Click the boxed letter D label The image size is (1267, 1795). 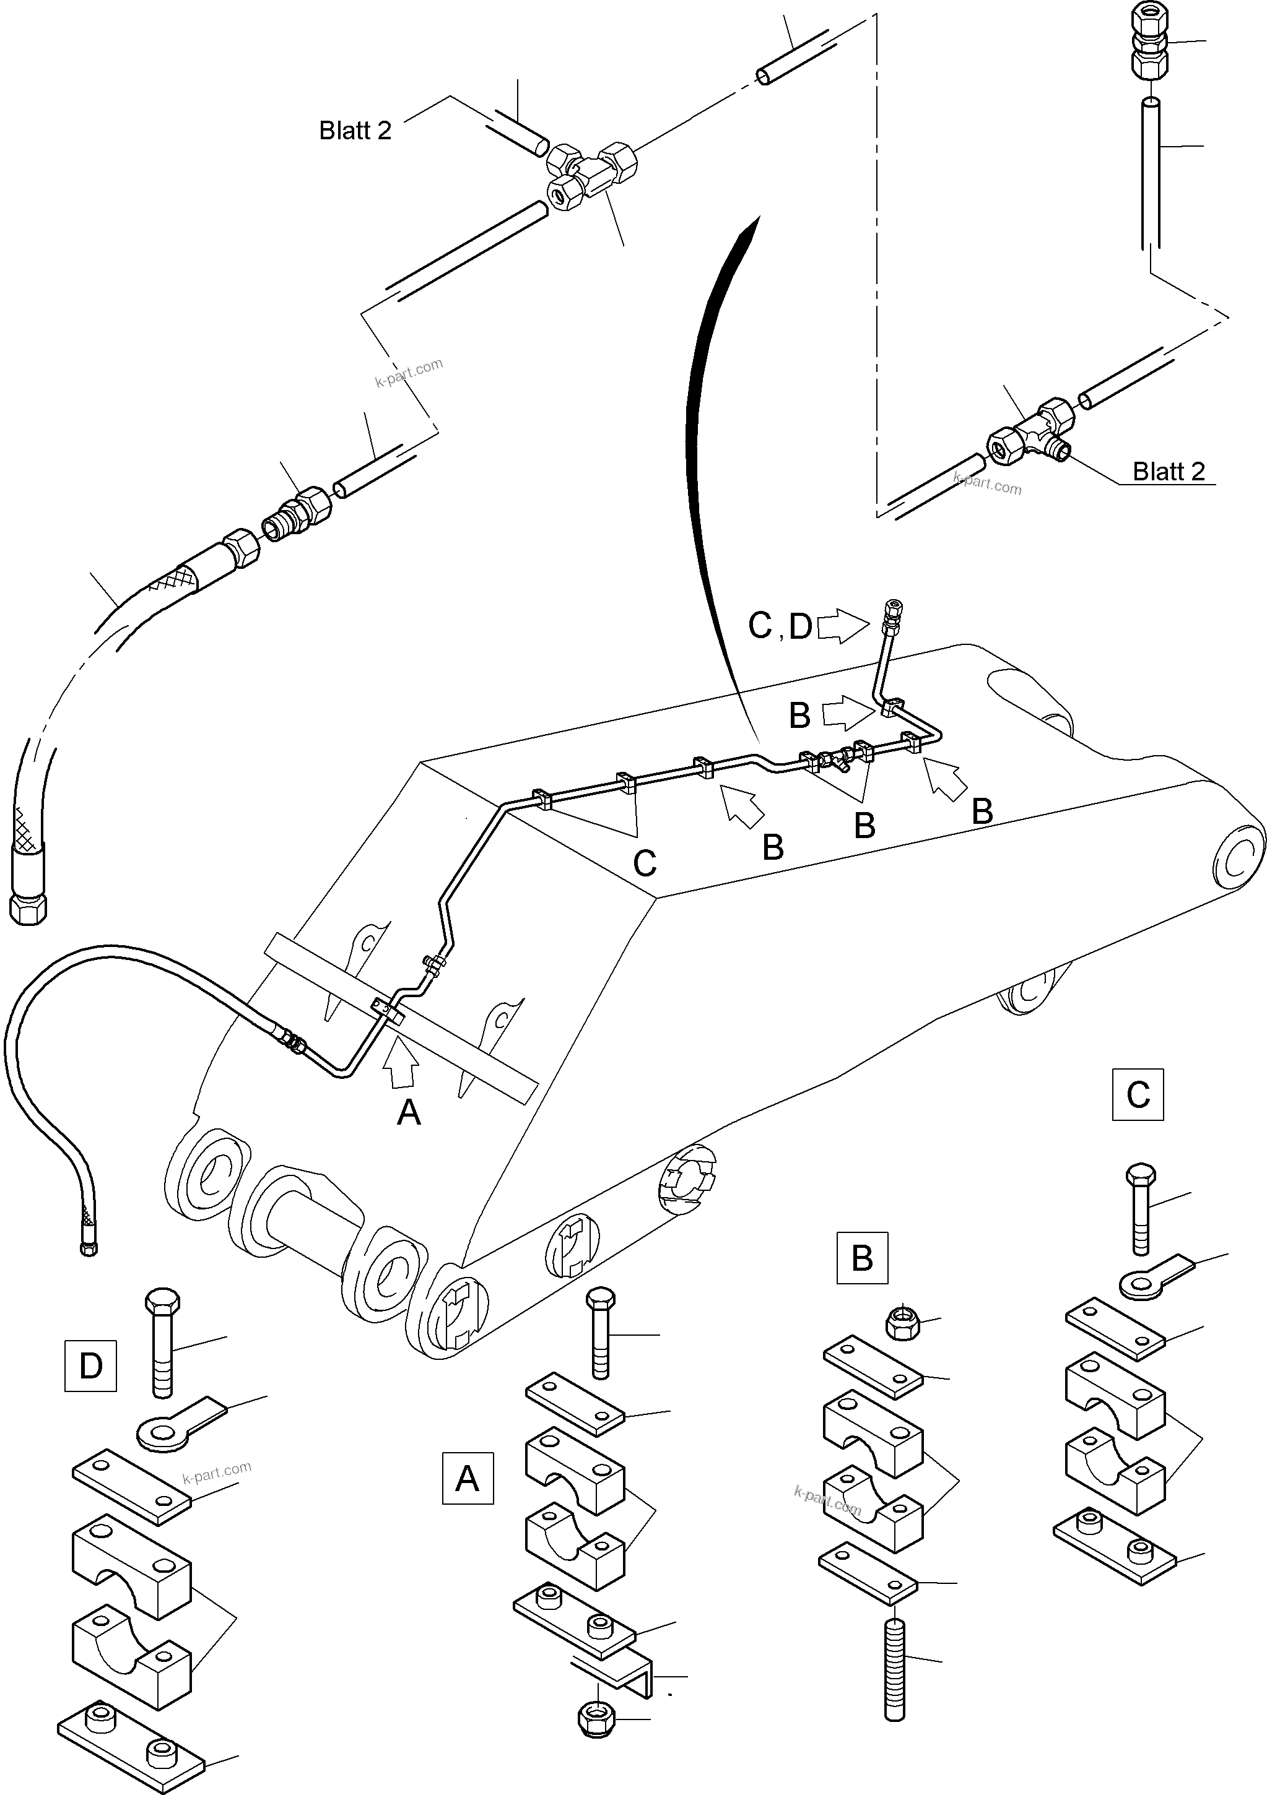pyautogui.click(x=91, y=1366)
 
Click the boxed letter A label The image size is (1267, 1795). pyautogui.click(x=468, y=1478)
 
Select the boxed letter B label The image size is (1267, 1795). pyautogui.click(x=862, y=1258)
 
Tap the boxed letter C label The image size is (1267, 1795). pyautogui.click(x=1138, y=1094)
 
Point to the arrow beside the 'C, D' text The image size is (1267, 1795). pyautogui.click(x=843, y=626)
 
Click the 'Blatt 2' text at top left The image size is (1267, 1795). pyautogui.click(x=354, y=130)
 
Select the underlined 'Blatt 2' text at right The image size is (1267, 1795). pyautogui.click(x=1169, y=472)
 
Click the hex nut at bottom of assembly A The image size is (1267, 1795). pyautogui.click(x=597, y=1718)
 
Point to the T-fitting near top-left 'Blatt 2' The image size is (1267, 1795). pyautogui.click(x=591, y=173)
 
